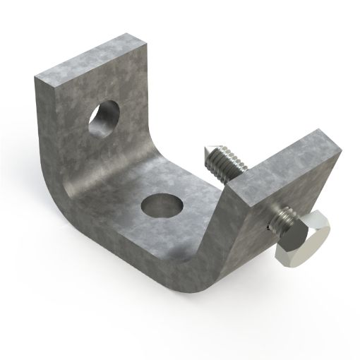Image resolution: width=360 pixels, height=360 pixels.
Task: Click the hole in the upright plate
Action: [x=103, y=118]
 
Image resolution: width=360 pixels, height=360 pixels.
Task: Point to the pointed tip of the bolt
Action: [x=205, y=152]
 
